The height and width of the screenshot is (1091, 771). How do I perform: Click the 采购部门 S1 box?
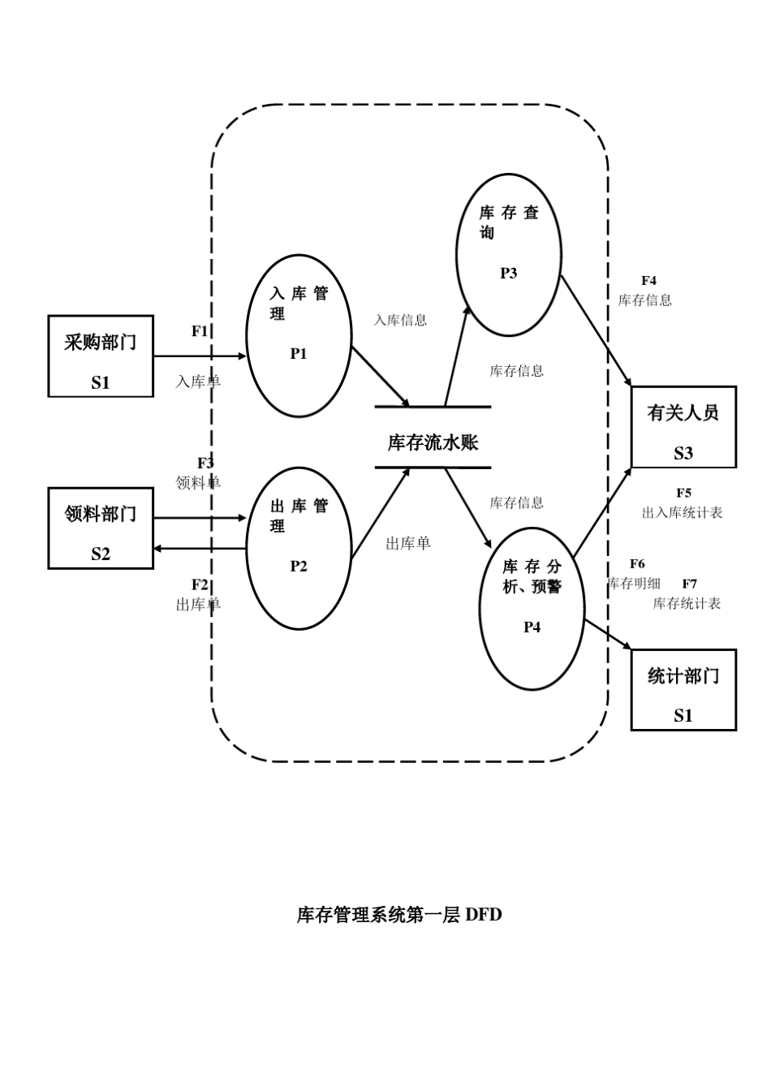[x=101, y=356]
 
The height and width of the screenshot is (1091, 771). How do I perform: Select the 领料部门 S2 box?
[x=101, y=528]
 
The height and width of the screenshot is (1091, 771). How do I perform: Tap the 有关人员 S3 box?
[x=683, y=427]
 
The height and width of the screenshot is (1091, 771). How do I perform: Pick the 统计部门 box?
[x=683, y=690]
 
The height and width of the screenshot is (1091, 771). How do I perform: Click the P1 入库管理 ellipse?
[x=299, y=336]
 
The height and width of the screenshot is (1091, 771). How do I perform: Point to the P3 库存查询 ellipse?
[x=508, y=255]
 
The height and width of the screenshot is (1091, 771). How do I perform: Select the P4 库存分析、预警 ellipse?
[x=532, y=609]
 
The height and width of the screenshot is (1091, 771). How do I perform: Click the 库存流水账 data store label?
[x=433, y=442]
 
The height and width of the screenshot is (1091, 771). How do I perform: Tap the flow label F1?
[x=200, y=331]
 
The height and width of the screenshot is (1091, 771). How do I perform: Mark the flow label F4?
[x=648, y=281]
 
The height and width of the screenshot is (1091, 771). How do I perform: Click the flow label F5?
[x=683, y=493]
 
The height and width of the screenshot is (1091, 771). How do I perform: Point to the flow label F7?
[x=689, y=584]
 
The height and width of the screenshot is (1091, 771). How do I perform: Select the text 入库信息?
[x=400, y=321]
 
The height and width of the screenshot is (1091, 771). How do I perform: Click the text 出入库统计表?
[x=682, y=513]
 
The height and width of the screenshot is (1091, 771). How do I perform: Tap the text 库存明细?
[x=634, y=583]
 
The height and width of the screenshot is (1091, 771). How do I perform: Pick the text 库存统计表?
[x=687, y=604]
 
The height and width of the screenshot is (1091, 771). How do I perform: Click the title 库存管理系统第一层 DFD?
[x=398, y=915]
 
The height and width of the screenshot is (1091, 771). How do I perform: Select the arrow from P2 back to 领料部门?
[x=199, y=549]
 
